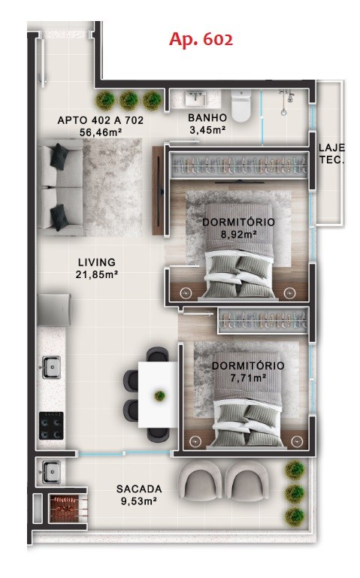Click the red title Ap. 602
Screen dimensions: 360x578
click(201, 39)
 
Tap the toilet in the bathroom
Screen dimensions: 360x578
click(241, 105)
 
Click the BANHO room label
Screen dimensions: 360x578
click(207, 117)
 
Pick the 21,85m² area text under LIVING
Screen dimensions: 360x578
click(96, 274)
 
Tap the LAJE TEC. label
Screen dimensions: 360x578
click(331, 153)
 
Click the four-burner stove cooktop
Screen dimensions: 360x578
click(51, 425)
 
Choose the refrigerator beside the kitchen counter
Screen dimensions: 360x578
click(54, 309)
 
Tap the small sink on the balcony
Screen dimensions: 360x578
click(51, 471)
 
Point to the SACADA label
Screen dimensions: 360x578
click(139, 489)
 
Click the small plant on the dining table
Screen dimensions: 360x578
click(160, 396)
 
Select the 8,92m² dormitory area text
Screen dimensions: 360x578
click(238, 234)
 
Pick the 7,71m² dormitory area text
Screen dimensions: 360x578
click(248, 378)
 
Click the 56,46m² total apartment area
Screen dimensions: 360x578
click(101, 132)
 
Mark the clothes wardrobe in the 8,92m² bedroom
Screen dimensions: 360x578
click(240, 165)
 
